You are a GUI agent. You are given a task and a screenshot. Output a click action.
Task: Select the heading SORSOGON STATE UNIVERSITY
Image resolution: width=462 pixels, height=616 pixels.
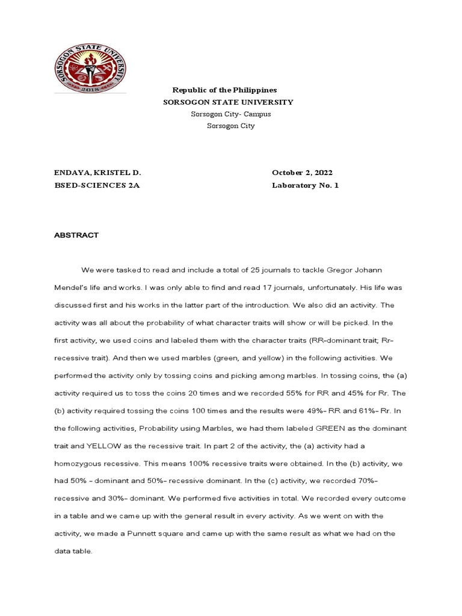(229, 102)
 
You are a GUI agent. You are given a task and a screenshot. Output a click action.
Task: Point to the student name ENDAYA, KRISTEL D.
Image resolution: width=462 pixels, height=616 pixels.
(97, 173)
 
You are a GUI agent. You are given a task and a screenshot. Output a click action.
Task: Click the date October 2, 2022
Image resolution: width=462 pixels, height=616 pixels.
(302, 173)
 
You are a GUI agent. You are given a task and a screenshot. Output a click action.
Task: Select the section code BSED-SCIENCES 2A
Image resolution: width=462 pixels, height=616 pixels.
(97, 185)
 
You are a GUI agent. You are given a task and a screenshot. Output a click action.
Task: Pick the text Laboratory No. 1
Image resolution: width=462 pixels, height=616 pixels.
(305, 185)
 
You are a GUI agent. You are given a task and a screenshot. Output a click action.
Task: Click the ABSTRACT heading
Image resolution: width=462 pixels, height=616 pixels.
(76, 235)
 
